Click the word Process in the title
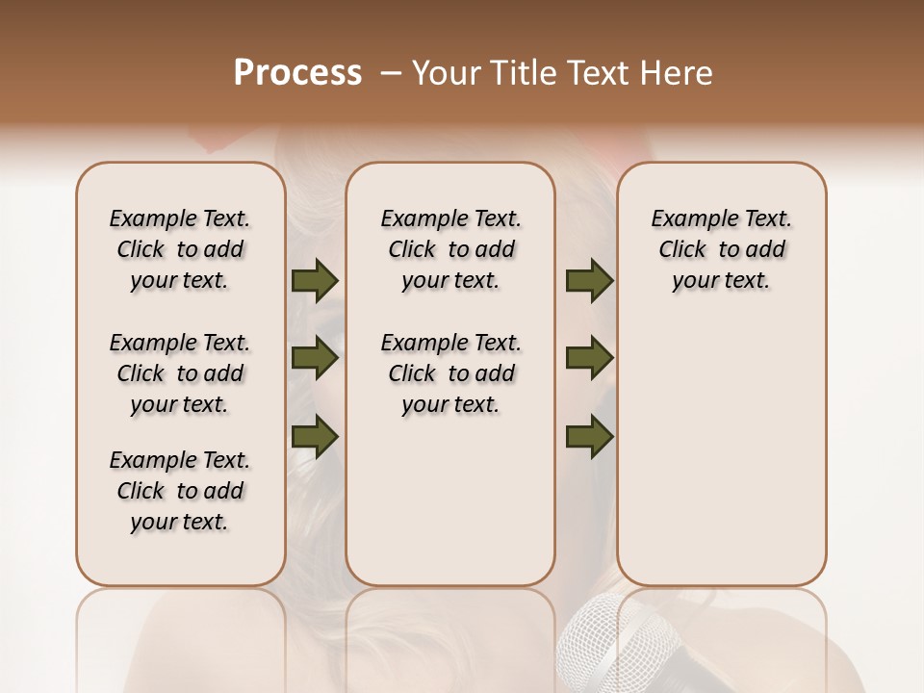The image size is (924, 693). (x=297, y=73)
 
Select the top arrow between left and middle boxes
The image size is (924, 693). (x=315, y=280)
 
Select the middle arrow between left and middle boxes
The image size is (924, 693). (x=315, y=358)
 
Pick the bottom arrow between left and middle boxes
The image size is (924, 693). (x=315, y=436)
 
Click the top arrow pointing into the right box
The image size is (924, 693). (x=589, y=280)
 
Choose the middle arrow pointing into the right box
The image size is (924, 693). (x=589, y=358)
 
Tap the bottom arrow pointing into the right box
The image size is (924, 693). (x=589, y=436)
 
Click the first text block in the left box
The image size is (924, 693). (x=180, y=249)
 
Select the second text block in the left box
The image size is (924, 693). (x=180, y=373)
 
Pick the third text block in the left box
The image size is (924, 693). (x=180, y=491)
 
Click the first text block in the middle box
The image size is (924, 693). (x=451, y=249)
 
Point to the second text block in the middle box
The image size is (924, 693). (x=451, y=373)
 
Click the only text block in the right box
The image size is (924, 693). (x=722, y=249)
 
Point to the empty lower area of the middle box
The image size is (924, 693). (x=450, y=500)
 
